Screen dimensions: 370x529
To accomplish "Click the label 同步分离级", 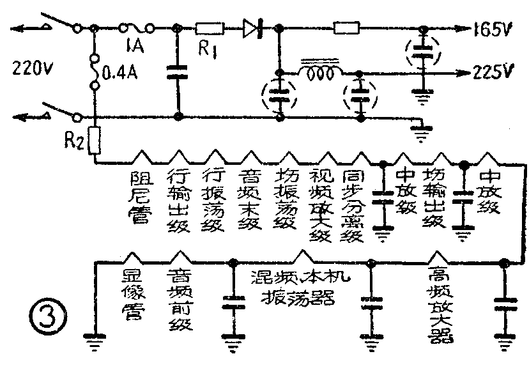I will tap(353, 204).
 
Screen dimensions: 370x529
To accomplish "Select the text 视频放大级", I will tap(319, 204).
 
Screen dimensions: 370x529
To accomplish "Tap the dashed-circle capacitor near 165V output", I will tap(422, 56).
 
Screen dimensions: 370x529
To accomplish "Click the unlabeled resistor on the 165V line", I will tap(348, 28).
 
